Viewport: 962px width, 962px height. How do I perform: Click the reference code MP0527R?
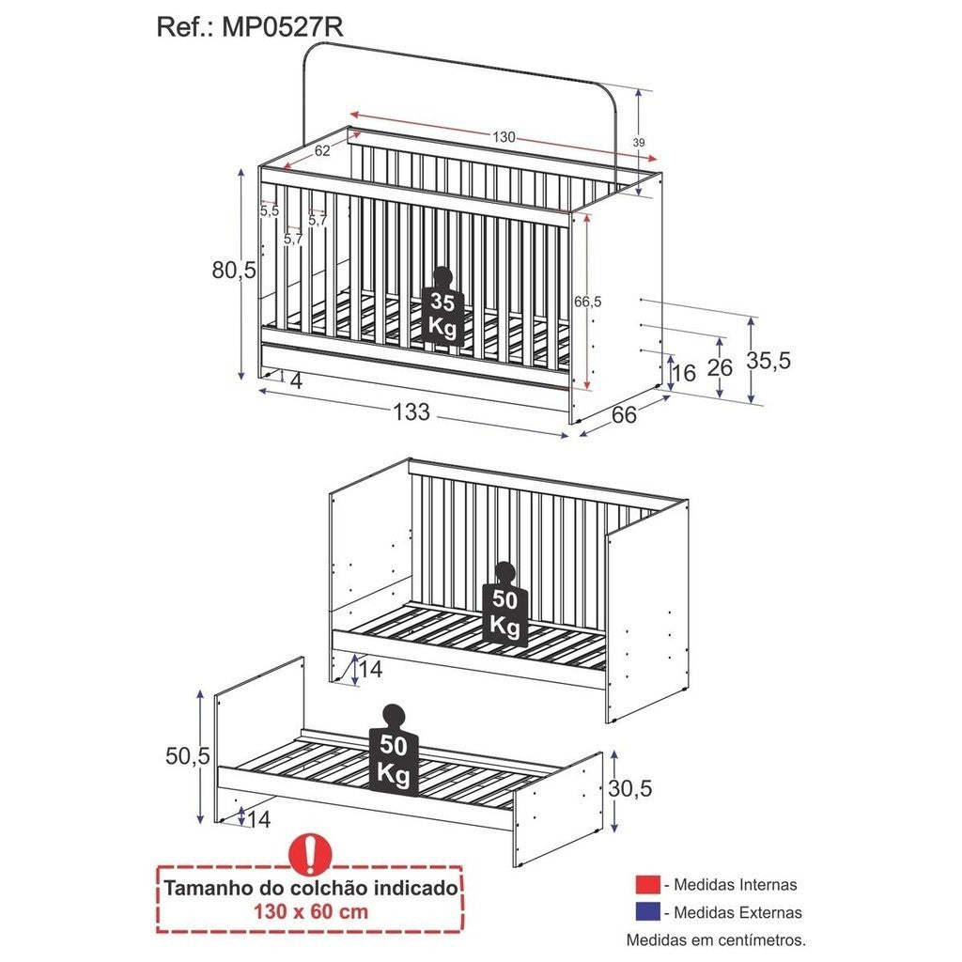283,27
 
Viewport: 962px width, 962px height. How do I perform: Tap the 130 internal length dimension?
504,137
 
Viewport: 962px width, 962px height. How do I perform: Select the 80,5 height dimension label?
234,271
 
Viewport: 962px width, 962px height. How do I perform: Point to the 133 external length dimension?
411,412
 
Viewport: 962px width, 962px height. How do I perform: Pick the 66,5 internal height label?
587,302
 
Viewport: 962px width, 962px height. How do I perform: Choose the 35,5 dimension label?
768,361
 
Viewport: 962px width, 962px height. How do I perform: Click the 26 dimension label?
720,367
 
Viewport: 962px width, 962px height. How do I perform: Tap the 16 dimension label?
684,373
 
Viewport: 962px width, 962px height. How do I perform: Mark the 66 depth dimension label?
624,415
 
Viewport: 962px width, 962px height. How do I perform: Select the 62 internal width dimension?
322,149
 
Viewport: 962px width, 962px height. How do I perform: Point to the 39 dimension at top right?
639,142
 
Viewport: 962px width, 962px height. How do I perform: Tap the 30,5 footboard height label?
629,789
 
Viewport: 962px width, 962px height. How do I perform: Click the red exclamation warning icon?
310,853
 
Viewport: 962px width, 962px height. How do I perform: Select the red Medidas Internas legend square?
647,885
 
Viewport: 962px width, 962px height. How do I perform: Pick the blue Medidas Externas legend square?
647,912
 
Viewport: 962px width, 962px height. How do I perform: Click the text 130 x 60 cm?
311,911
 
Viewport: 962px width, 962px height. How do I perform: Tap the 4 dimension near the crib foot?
295,381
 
